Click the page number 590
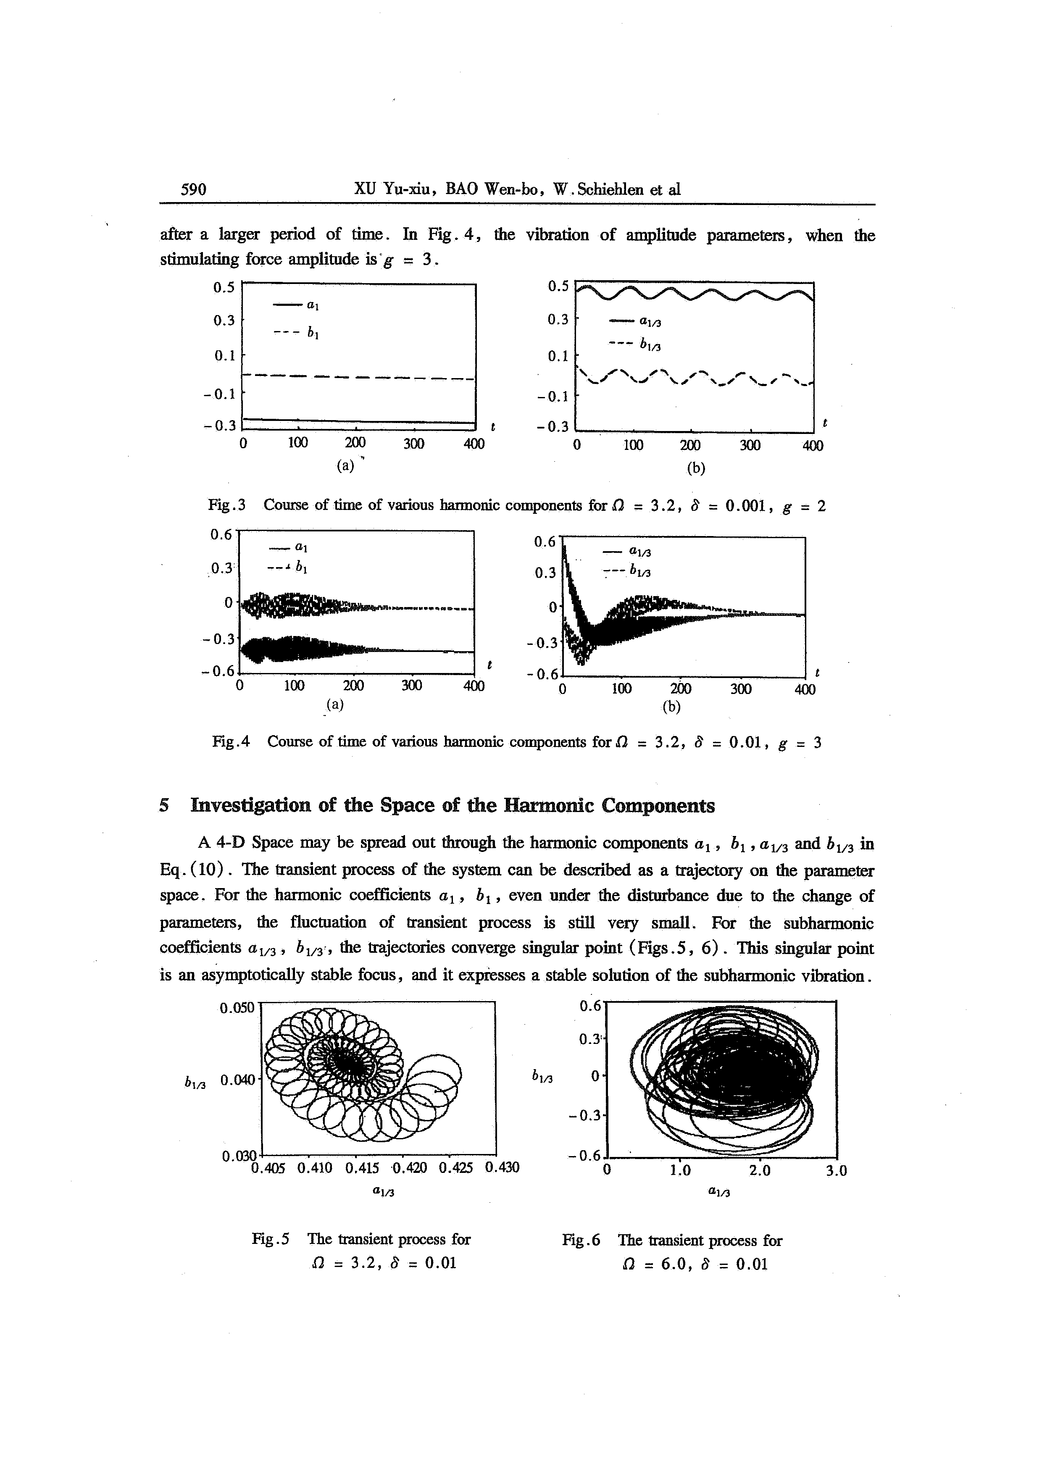pos(193,189)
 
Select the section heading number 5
pos(165,806)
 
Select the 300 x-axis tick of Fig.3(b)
pos(750,445)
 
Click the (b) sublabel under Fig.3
pos(695,469)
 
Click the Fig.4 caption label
pos(231,742)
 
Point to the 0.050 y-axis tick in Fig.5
pos(237,1008)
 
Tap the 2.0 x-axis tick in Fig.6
pos(759,1170)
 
